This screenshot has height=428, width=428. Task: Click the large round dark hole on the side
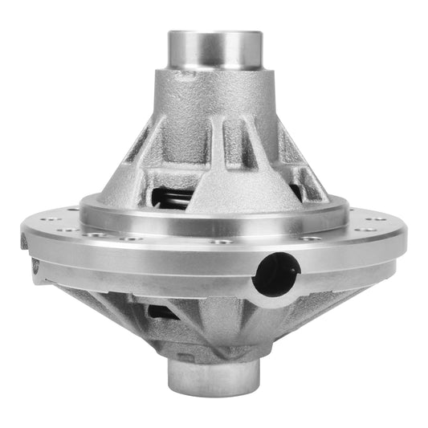coord(275,274)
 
